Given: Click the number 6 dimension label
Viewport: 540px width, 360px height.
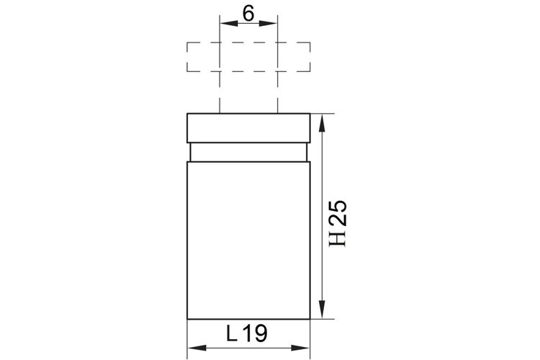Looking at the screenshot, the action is [248, 14].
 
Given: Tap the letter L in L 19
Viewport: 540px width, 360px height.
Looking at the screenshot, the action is [232, 333].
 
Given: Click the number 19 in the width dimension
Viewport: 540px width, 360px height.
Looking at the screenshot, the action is [255, 333].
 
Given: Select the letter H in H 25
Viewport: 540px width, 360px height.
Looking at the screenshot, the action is [337, 238].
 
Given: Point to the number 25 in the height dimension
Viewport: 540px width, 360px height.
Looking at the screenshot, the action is [338, 213].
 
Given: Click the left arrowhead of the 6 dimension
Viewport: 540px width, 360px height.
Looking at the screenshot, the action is [229, 23].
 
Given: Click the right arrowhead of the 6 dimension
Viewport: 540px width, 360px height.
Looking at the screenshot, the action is [268, 23].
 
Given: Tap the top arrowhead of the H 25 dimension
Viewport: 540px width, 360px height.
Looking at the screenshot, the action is [322, 123].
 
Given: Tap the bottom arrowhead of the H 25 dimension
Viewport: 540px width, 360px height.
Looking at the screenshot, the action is [322, 310].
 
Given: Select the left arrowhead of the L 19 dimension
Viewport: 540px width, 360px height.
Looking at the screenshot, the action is [197, 348].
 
